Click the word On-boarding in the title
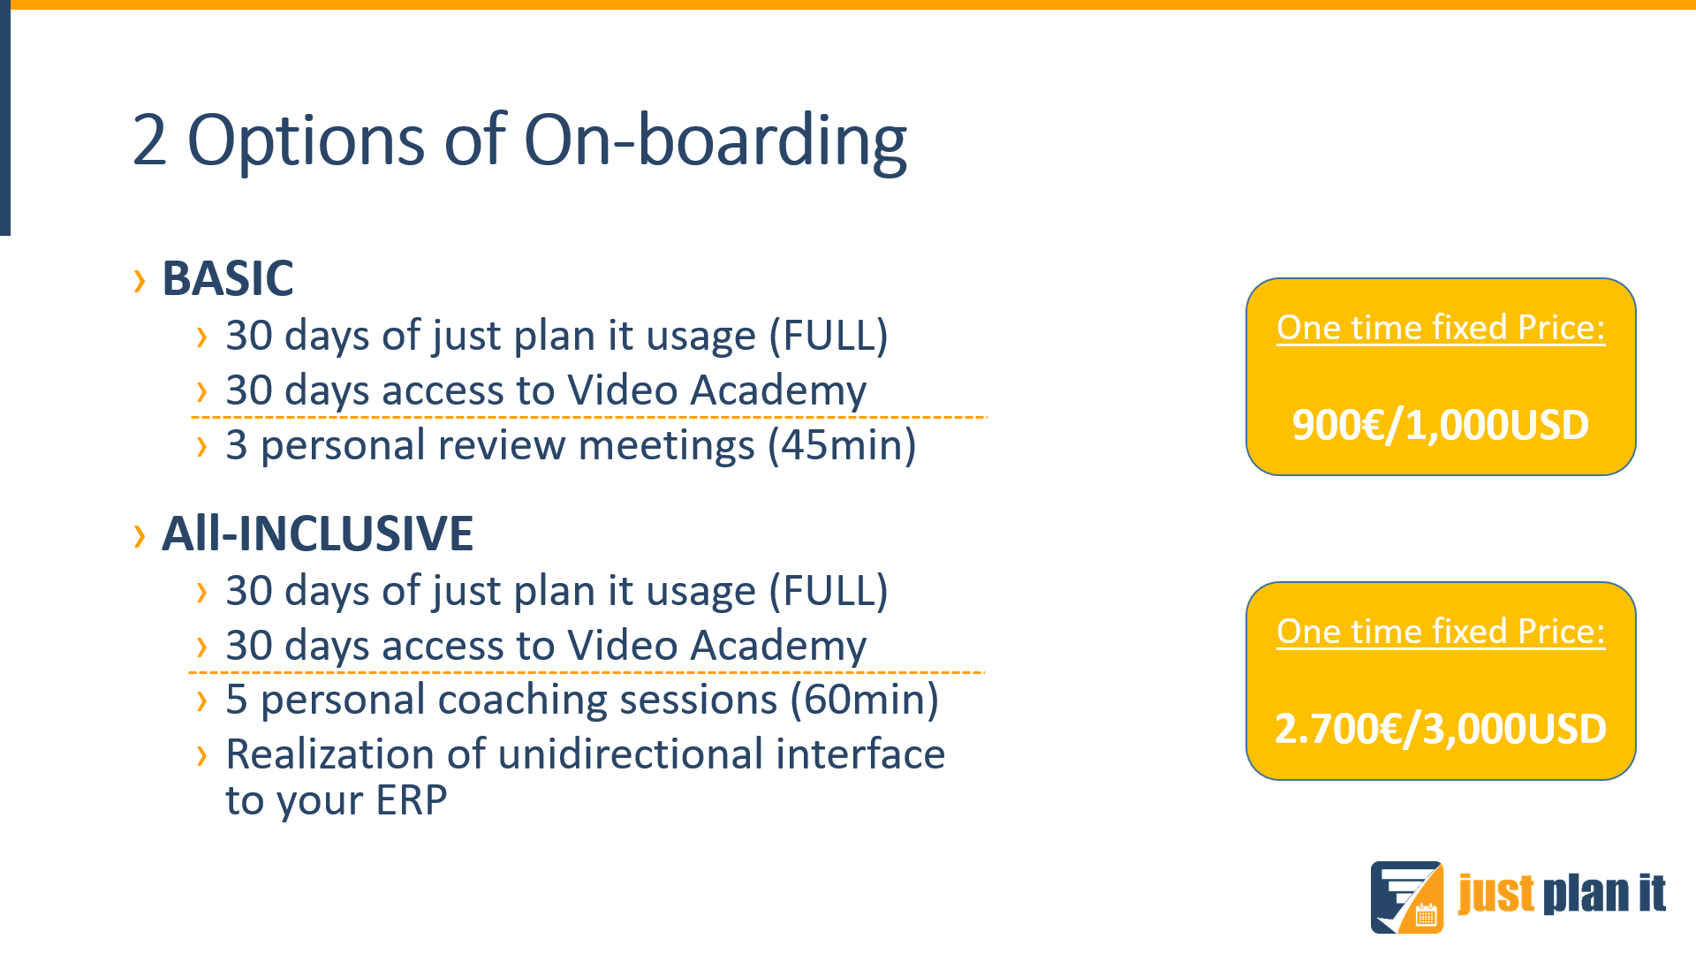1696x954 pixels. pyautogui.click(x=715, y=141)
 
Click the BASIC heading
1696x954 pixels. pyautogui.click(x=228, y=279)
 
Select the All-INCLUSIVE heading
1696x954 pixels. pyautogui.click(x=318, y=534)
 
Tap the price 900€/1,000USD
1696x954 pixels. pyautogui.click(x=1441, y=425)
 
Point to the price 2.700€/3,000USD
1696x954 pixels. pyautogui.click(x=1441, y=729)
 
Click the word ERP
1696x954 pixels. pyautogui.click(x=412, y=800)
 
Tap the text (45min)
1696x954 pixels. pyautogui.click(x=842, y=445)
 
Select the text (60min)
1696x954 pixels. pyautogui.click(x=865, y=700)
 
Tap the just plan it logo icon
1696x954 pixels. pyautogui.click(x=1407, y=897)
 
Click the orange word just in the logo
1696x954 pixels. pyautogui.click(x=1496, y=894)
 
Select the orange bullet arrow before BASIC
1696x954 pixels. pyautogui.click(x=140, y=281)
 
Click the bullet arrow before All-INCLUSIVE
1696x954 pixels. pyautogui.click(x=140, y=535)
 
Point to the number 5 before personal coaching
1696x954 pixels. pyautogui.click(x=236, y=700)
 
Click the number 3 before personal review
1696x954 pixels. pyautogui.click(x=236, y=445)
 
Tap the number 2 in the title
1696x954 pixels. pyautogui.click(x=149, y=140)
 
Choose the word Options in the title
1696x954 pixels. pyautogui.click(x=306, y=141)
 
